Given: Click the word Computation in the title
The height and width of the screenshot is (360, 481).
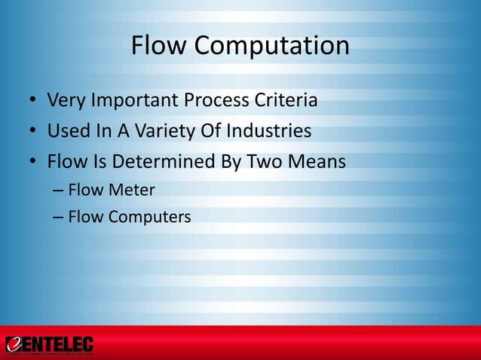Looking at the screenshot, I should [272, 47].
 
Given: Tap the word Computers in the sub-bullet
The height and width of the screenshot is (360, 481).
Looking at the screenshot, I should [149, 218].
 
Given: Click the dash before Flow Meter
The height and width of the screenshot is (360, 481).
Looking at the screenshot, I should [58, 191].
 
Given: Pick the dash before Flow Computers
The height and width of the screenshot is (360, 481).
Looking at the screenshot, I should [58, 218].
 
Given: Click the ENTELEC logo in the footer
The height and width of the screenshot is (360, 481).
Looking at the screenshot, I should [49, 345].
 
